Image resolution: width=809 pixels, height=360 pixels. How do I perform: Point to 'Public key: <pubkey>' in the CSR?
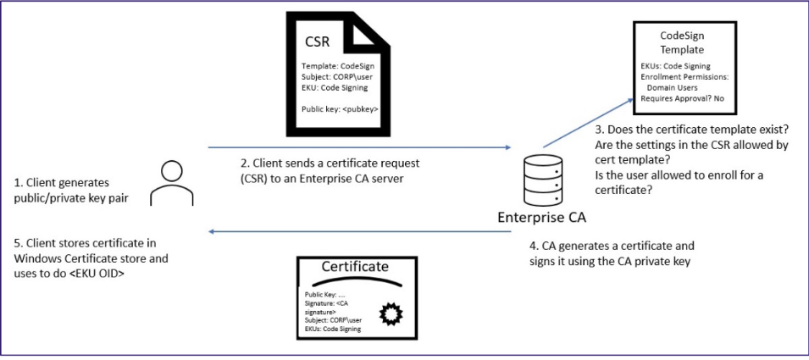pos(340,109)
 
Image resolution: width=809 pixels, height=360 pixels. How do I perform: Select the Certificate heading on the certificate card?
pos(355,268)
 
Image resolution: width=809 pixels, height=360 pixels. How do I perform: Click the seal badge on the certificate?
pos(391,314)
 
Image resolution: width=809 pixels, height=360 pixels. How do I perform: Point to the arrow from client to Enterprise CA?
pos(357,146)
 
